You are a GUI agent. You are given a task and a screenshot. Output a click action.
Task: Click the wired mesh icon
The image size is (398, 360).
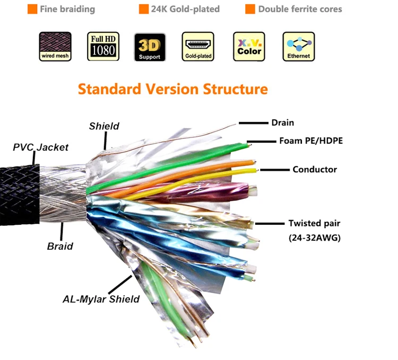pos(55,47)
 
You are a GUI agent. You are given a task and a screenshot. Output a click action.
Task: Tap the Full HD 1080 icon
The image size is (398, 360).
pos(103,47)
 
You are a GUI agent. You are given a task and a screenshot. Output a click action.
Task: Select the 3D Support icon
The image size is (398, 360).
pos(150,47)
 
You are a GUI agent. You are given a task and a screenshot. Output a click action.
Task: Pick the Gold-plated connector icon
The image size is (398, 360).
pos(197,47)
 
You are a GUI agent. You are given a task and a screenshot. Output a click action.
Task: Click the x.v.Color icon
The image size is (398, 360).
pos(249,47)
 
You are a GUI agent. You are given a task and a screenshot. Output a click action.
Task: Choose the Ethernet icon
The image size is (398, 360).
pos(298,47)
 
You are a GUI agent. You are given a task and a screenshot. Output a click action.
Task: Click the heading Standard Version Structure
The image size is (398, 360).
pos(173,88)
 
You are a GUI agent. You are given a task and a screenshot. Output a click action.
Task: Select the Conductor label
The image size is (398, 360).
pos(315,170)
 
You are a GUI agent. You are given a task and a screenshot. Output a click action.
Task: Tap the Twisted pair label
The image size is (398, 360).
pos(314,223)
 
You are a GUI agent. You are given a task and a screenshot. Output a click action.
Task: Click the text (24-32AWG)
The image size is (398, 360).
pos(315,238)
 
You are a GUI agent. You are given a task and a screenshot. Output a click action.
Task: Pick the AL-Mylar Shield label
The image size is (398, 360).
pos(101,299)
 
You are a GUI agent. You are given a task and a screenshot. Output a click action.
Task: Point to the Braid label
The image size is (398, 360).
pos(60,246)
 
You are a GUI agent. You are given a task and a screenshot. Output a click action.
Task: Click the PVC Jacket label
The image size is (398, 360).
pos(41,147)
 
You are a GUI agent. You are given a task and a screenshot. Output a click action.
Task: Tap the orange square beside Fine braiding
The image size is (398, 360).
pos(32,10)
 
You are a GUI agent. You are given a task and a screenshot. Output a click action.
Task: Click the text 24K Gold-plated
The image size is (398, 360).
pos(185,10)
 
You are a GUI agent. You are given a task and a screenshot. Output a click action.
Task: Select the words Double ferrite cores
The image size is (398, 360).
pos(300,10)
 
